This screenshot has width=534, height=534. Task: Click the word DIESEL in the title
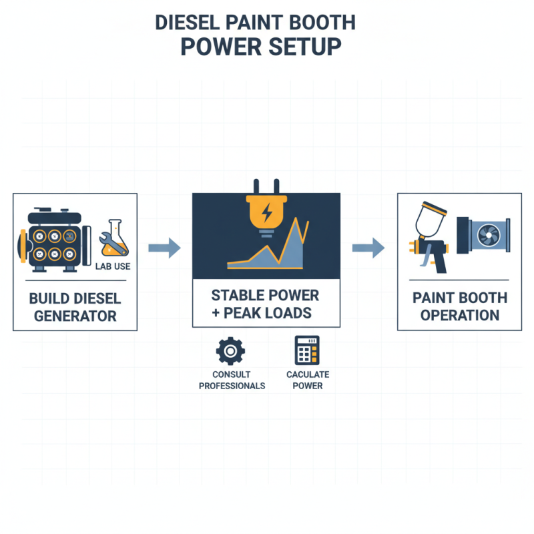pos(187,23)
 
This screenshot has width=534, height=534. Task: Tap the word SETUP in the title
pos(305,47)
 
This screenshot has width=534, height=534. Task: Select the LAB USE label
pos(113,266)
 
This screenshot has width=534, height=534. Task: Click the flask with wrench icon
pos(114,238)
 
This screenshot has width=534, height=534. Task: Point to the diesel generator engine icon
pos(55,240)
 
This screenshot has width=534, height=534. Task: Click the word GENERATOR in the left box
pos(75,316)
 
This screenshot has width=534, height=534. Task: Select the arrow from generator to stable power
pos(164,248)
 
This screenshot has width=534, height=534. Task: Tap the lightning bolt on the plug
pos(266,213)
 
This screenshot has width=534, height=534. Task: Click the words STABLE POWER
pos(265,295)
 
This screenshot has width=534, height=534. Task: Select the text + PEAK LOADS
pos(262,313)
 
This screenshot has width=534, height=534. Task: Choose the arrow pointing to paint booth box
pos(368,248)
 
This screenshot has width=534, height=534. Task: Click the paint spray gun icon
pos(429,238)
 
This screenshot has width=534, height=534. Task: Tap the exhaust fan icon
pos(483,236)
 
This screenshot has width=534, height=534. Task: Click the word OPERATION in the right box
pos(460,315)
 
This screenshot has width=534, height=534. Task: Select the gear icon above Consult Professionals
pos(230,351)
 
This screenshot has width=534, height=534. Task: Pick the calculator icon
pos(307,350)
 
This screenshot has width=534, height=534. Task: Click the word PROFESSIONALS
pos(232,386)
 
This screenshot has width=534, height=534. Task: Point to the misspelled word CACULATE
pos(308,374)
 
